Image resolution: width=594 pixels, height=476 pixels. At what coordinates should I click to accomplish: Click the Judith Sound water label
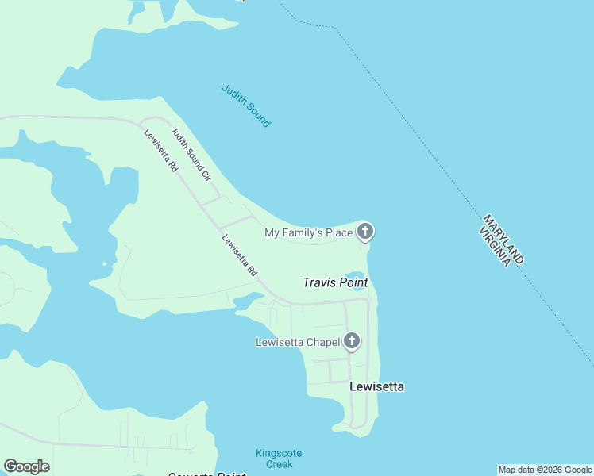click(x=246, y=106)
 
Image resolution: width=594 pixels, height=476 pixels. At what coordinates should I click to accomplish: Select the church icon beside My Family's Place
click(x=364, y=232)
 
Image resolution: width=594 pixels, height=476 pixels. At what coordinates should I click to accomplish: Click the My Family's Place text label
click(x=308, y=232)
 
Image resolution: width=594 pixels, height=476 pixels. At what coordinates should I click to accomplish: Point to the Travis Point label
click(x=334, y=282)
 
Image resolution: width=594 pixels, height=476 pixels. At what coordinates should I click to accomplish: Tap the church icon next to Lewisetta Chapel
click(x=351, y=342)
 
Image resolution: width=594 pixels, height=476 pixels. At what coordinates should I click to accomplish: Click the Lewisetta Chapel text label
click(x=298, y=343)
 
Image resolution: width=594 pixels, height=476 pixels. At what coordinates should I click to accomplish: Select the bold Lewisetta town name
click(x=377, y=386)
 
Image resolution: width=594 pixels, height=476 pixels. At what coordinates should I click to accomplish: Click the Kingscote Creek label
click(x=278, y=459)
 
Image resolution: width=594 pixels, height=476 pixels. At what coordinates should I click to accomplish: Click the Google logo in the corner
click(x=26, y=466)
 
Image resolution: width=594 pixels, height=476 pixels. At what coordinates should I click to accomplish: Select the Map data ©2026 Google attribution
click(x=545, y=470)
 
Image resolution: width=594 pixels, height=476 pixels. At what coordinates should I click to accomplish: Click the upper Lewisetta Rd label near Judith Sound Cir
click(x=161, y=150)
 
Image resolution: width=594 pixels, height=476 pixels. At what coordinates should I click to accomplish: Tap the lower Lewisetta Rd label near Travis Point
click(x=240, y=255)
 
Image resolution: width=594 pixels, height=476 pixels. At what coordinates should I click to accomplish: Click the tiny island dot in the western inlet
click(x=104, y=264)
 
